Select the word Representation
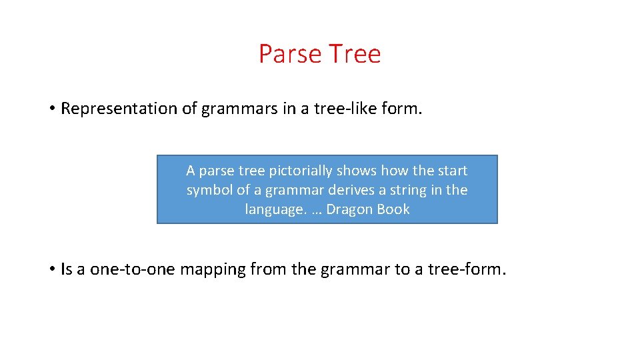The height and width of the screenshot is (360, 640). pos(118,109)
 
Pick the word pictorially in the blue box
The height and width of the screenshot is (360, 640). pos(302,171)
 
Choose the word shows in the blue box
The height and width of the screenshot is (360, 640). pos(358,171)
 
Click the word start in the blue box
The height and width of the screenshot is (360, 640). pos(453,171)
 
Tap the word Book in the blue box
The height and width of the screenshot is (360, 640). pos(393,209)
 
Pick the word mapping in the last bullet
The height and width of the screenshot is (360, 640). pos(213,270)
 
